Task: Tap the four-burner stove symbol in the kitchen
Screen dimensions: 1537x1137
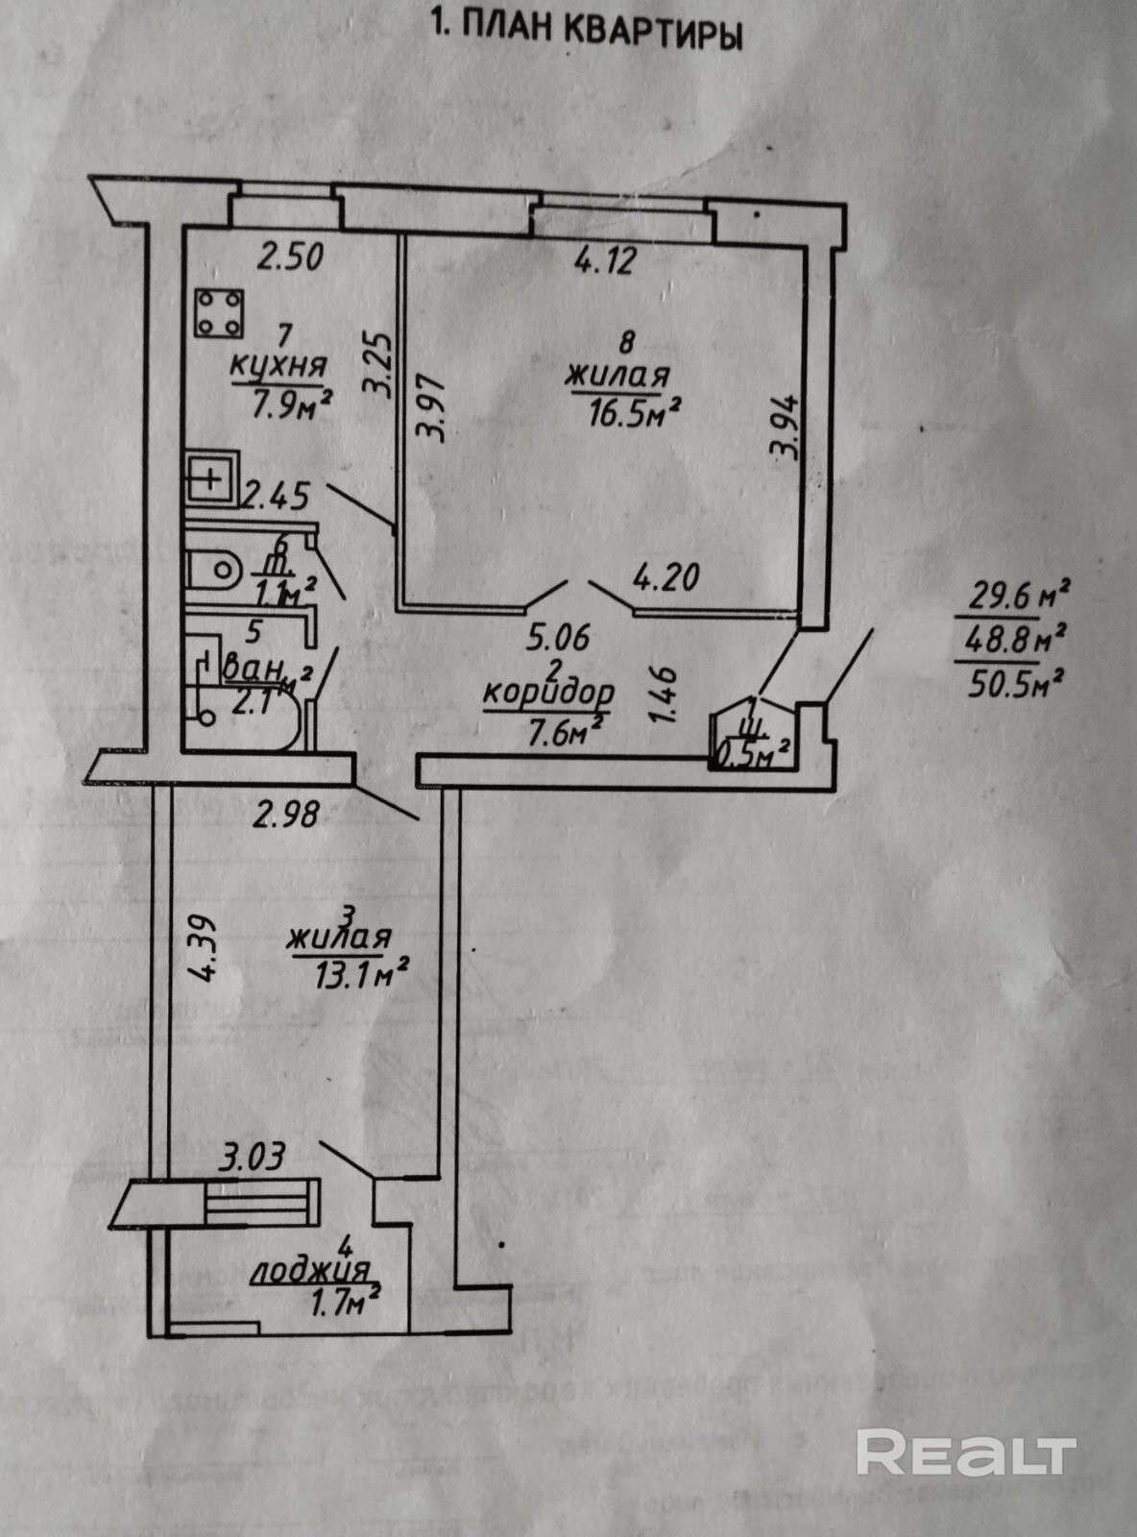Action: (x=218, y=313)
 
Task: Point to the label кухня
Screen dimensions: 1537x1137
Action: (x=278, y=366)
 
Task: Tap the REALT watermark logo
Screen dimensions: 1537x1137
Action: (x=965, y=1452)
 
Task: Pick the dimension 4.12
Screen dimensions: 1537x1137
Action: (x=605, y=260)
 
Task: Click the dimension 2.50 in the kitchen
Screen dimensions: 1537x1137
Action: (x=292, y=256)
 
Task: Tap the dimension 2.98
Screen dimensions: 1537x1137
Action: (x=284, y=817)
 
